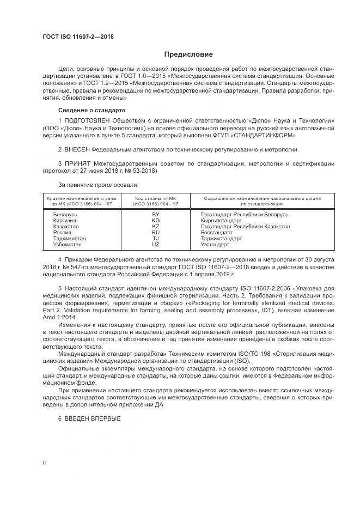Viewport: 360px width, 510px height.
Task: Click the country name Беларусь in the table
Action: coord(65,215)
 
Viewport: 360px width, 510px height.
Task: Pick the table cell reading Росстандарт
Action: coord(217,233)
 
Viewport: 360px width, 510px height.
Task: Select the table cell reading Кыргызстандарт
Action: coord(222,221)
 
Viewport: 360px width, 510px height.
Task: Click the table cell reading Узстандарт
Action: coord(215,245)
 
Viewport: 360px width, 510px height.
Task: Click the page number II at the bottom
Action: coord(45,463)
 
